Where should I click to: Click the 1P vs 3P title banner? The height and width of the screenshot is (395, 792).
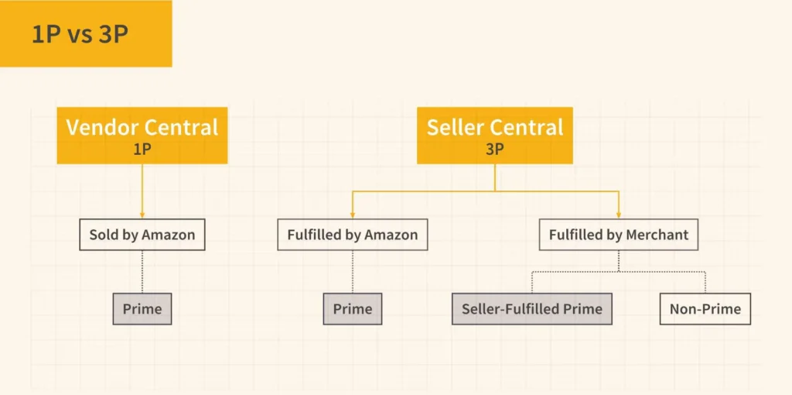pyautogui.click(x=85, y=34)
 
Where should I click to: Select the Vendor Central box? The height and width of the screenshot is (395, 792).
pyautogui.click(x=142, y=136)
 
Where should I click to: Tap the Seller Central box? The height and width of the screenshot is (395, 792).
pyautogui.click(x=495, y=136)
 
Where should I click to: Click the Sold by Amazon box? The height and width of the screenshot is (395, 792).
pyautogui.click(x=142, y=235)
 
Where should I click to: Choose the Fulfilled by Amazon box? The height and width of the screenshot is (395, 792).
pyautogui.click(x=352, y=235)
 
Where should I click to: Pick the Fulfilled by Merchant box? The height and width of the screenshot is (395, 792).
pyautogui.click(x=618, y=235)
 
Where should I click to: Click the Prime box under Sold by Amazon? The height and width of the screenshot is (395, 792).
pyautogui.click(x=142, y=309)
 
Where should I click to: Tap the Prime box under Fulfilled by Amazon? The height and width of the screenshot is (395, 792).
pyautogui.click(x=352, y=309)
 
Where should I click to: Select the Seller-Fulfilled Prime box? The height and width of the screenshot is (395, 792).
pyautogui.click(x=531, y=309)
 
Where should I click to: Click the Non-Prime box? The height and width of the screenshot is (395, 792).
pyautogui.click(x=705, y=309)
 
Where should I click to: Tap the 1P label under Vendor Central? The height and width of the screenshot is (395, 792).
pyautogui.click(x=142, y=149)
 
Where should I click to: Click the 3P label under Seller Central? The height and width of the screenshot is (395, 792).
pyautogui.click(x=495, y=149)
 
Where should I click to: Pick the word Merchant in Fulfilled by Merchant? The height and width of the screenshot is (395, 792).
pyautogui.click(x=652, y=235)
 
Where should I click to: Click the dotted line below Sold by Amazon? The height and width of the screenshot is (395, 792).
pyautogui.click(x=142, y=271)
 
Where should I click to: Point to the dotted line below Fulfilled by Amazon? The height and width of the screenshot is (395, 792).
pyautogui.click(x=352, y=271)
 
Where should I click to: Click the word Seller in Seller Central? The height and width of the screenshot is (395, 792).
pyautogui.click(x=456, y=128)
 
